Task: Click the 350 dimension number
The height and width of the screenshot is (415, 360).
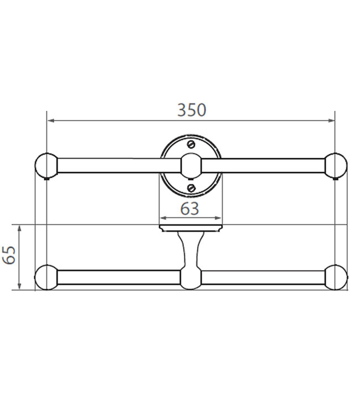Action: point(192,110)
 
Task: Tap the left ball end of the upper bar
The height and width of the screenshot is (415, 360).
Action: point(47,165)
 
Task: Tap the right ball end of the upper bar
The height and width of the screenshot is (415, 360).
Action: point(336,165)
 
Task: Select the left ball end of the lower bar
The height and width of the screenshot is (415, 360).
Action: point(47,277)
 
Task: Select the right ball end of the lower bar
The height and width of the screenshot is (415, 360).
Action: point(336,277)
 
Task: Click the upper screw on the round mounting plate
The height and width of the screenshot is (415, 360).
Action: point(192,144)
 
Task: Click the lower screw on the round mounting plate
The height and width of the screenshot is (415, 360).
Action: point(192,188)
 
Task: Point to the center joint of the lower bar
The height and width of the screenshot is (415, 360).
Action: point(191,278)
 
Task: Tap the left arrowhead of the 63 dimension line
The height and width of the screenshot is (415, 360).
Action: point(162,218)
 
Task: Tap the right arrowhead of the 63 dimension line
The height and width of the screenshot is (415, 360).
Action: point(219,218)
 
